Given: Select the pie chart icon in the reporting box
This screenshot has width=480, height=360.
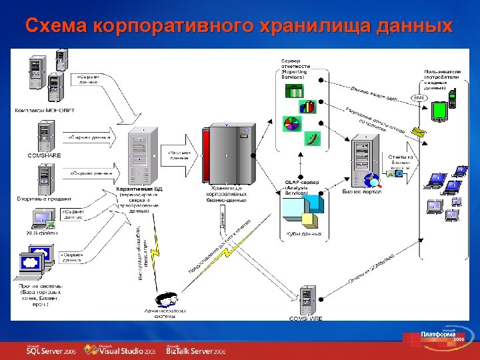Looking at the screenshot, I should pos(292,123).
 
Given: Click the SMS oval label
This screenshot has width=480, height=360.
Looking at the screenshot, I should pos(419,98).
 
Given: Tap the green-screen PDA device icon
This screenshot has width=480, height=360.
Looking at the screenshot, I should pos(439,109).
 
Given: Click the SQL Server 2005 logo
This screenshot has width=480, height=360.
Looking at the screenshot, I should pos(51,350).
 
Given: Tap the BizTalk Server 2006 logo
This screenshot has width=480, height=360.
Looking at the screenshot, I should pos(197,350).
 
